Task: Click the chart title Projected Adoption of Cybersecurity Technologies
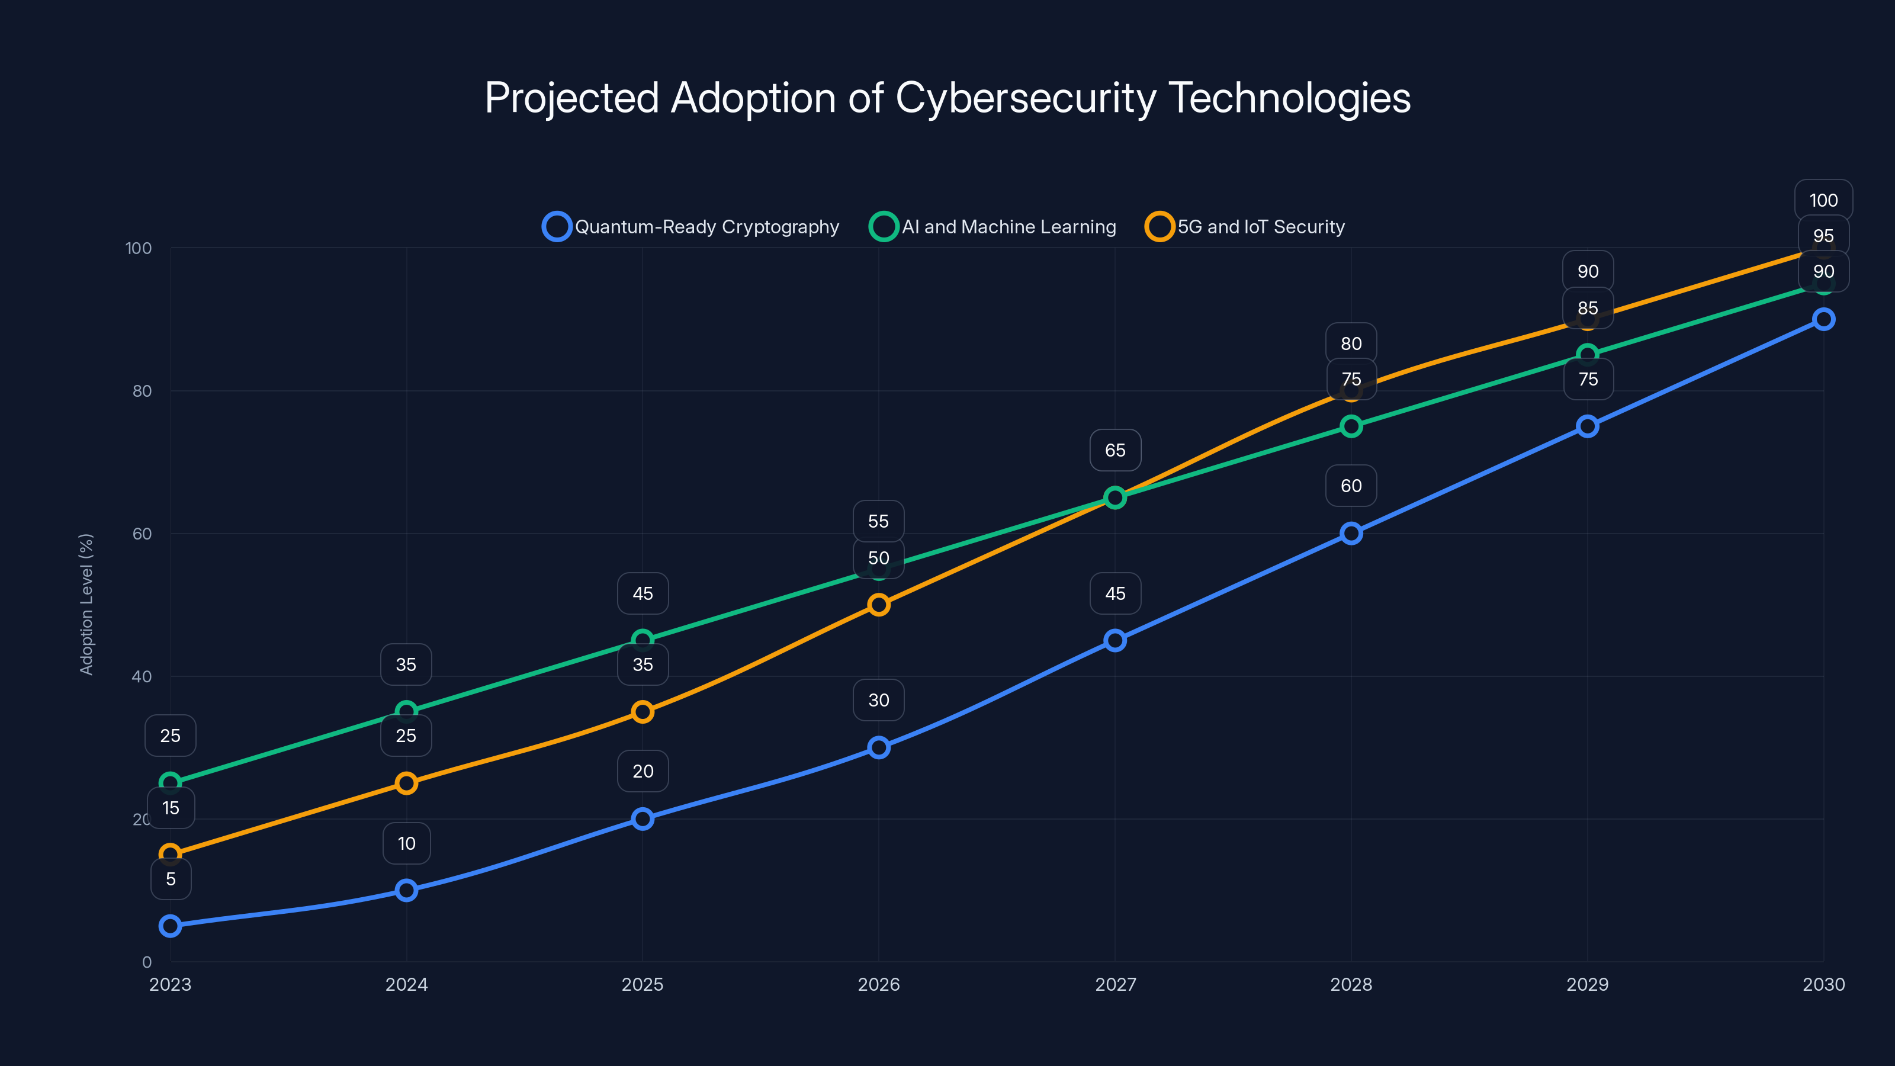[947, 98]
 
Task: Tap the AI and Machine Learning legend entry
[993, 227]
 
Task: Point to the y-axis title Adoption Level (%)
[87, 604]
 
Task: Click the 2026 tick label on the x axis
[878, 984]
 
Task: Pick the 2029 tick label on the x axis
[1587, 984]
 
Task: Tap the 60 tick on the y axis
[142, 534]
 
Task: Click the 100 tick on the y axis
[139, 248]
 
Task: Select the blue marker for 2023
[170, 926]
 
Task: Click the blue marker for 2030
[1823, 319]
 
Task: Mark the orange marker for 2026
[878, 605]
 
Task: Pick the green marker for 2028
[1351, 426]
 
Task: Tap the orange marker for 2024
[406, 783]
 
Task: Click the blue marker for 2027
[1114, 640]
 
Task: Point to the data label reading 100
[1823, 200]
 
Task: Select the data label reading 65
[1114, 450]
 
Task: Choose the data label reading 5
[171, 879]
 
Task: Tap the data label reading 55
[878, 521]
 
